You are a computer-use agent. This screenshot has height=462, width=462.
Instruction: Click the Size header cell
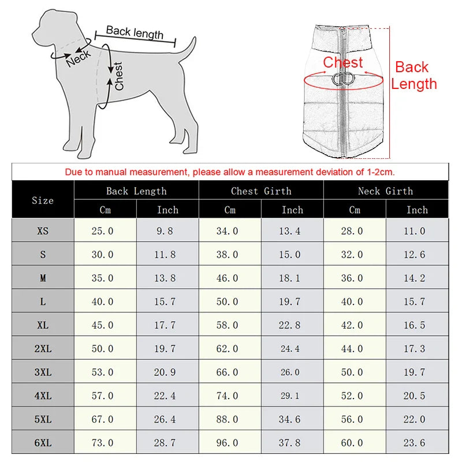pyautogui.click(x=43, y=200)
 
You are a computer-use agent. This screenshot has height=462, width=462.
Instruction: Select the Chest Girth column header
pyautogui.click(x=261, y=191)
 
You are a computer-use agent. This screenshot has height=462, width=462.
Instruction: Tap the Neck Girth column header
pyautogui.click(x=386, y=191)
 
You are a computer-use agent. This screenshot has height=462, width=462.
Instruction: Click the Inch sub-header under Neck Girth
pyautogui.click(x=417, y=210)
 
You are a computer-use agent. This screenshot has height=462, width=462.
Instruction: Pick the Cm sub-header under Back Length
pyautogui.click(x=105, y=210)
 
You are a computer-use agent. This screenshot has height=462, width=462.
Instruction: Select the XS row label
pyautogui.click(x=43, y=231)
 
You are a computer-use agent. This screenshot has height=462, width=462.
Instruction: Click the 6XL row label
pyautogui.click(x=43, y=443)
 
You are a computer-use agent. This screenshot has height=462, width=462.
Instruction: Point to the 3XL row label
pyautogui.click(x=43, y=372)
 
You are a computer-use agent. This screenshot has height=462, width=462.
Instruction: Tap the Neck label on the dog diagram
pyautogui.click(x=78, y=58)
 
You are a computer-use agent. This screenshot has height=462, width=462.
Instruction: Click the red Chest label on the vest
pyautogui.click(x=343, y=62)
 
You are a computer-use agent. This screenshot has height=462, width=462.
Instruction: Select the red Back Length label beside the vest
pyautogui.click(x=413, y=76)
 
